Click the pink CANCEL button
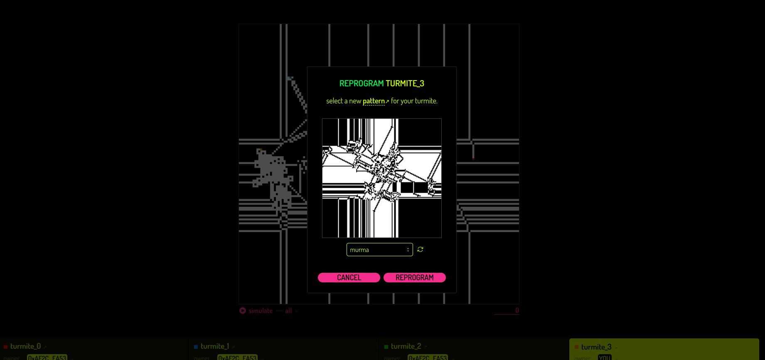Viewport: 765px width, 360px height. [x=349, y=277]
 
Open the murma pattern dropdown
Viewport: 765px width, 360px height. [x=379, y=250]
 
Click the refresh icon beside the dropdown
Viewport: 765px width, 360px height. [x=421, y=249]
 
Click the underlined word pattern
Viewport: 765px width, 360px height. [x=374, y=101]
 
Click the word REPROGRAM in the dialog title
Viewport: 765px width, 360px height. [x=362, y=83]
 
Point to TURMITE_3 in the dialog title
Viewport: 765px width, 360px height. [x=405, y=83]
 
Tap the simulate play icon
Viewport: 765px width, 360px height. [x=243, y=311]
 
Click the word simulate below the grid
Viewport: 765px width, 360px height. [x=261, y=311]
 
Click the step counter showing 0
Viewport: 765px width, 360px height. [x=517, y=310]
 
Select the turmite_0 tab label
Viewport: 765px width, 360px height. [x=25, y=346]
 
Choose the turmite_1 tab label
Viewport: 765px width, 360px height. [x=214, y=346]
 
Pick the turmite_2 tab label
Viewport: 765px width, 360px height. [x=406, y=346]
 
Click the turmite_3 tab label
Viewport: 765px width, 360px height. [x=596, y=347]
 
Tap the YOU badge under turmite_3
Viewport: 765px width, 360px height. [x=605, y=357]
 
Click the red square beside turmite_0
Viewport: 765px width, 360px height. [x=6, y=347]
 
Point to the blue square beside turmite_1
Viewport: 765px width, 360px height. [x=196, y=347]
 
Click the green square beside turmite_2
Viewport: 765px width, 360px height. [x=386, y=347]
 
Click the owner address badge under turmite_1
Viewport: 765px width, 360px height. [x=237, y=357]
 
